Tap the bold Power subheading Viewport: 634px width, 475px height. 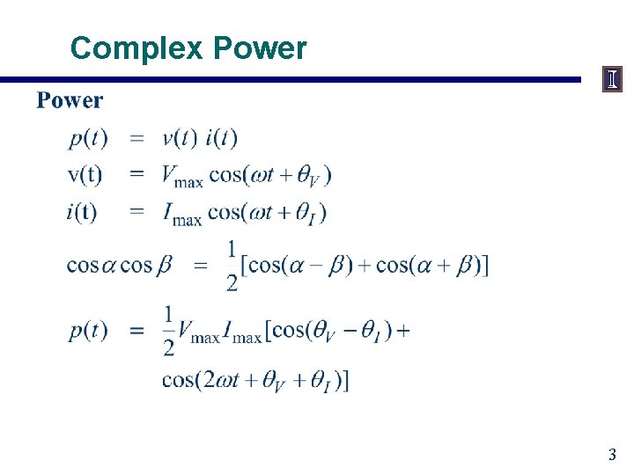[70, 100]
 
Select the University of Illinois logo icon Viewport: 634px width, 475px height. [612, 80]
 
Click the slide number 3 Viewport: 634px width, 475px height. [611, 455]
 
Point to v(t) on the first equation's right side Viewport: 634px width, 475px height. [180, 138]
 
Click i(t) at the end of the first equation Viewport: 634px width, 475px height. [221, 138]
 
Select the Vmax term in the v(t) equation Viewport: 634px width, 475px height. [182, 176]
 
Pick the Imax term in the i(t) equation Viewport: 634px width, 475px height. [181, 213]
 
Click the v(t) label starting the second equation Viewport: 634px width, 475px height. [85, 174]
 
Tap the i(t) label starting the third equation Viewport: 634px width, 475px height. [81, 212]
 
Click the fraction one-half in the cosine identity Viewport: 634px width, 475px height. [232, 265]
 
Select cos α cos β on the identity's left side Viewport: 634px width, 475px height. [120, 265]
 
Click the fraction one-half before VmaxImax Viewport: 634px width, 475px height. [169, 331]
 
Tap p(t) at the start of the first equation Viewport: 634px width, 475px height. [89, 138]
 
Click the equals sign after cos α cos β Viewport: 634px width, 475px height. [201, 265]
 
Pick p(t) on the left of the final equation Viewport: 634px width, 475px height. [89, 330]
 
